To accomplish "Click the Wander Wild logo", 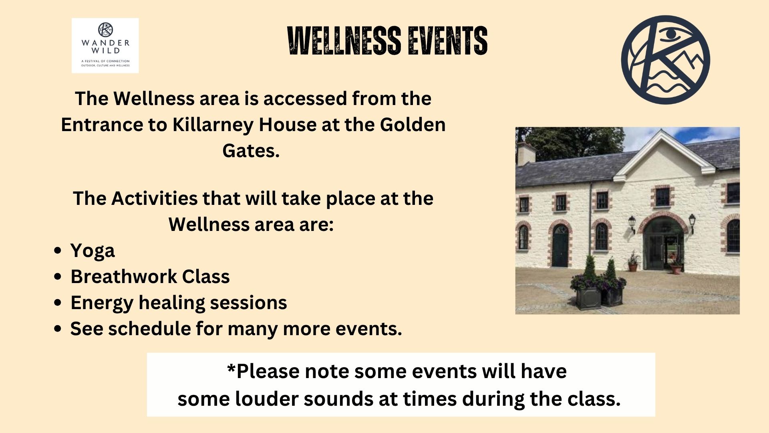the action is pyautogui.click(x=105, y=45).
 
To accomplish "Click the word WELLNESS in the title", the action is pyautogui.click(x=344, y=40).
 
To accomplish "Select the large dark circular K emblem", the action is pyautogui.click(x=666, y=60).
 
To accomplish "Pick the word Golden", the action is pyautogui.click(x=413, y=125).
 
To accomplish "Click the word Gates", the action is pyautogui.click(x=251, y=151).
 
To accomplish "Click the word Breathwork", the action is pyautogui.click(x=124, y=277).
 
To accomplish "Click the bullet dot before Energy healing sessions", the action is pyautogui.click(x=58, y=303).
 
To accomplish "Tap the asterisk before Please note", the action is pyautogui.click(x=231, y=367).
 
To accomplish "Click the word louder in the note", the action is pyautogui.click(x=266, y=399).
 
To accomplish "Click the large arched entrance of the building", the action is pyautogui.click(x=663, y=242).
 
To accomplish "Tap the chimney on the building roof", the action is pyautogui.click(x=526, y=154).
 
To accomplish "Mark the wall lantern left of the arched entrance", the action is pyautogui.click(x=632, y=223).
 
